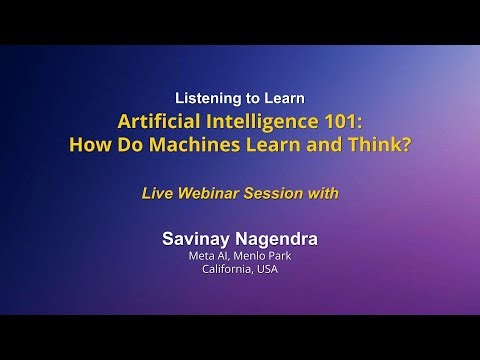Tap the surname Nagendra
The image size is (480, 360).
coord(279,240)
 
